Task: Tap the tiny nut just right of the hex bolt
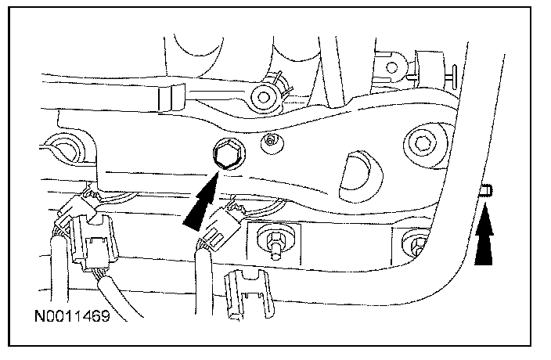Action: tap(271, 142)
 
